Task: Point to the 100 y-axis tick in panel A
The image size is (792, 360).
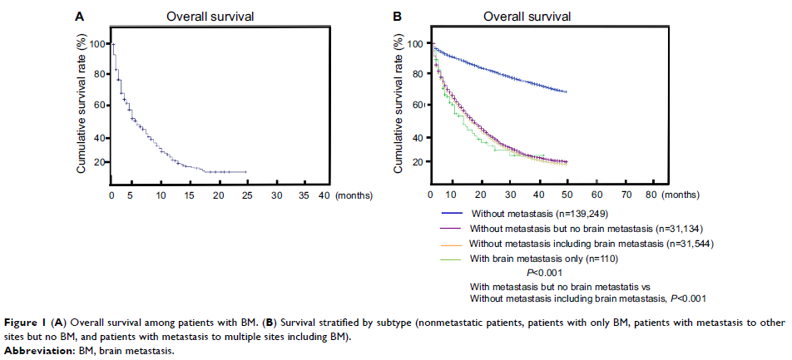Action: point(97,44)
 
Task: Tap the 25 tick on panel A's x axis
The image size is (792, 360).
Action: point(245,195)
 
